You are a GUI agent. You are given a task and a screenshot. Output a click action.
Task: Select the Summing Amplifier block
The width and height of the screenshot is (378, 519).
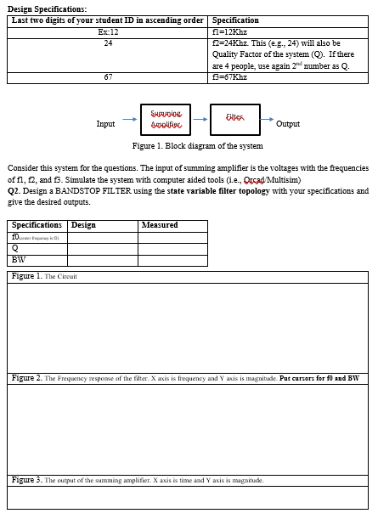click(x=166, y=120)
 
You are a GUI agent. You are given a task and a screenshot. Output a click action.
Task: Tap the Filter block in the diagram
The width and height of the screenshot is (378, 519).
click(x=235, y=120)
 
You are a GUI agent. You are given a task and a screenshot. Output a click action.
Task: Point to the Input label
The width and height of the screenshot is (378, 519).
click(x=105, y=124)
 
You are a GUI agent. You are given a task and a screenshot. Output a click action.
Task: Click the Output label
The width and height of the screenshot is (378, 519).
click(x=288, y=124)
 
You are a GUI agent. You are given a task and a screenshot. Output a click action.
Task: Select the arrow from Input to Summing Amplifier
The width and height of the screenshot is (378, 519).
click(x=129, y=120)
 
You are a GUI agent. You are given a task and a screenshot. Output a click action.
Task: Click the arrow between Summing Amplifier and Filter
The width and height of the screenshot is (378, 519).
click(x=200, y=120)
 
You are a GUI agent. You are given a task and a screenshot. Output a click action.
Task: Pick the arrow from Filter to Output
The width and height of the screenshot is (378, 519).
click(x=268, y=120)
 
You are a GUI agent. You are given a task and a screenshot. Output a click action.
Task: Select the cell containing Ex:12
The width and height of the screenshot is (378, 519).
click(x=107, y=31)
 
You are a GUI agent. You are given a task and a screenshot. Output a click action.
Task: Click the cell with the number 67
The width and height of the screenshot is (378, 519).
click(x=107, y=77)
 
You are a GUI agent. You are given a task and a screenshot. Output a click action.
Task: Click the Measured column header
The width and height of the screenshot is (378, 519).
click(x=160, y=225)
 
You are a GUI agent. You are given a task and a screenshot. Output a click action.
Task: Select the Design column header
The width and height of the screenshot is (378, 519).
click(x=83, y=225)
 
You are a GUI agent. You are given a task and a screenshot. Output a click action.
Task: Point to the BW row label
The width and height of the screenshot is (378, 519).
click(x=19, y=260)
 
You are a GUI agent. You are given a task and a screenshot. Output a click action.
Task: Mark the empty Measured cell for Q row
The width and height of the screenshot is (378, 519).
click(x=172, y=249)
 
